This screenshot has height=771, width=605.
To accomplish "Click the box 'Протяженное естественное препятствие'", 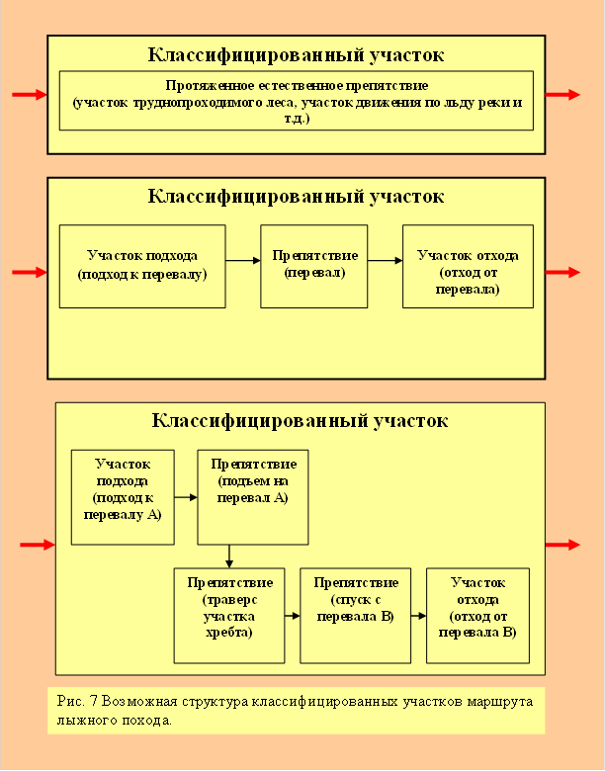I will [296, 100].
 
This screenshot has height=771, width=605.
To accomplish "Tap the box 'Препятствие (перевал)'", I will [313, 266].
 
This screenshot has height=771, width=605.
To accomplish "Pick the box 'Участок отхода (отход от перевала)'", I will [468, 266].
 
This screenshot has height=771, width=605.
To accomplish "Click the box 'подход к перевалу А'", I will [123, 497].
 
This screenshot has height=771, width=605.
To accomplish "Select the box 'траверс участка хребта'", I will [229, 615].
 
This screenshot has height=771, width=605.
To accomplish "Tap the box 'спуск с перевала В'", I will [355, 615].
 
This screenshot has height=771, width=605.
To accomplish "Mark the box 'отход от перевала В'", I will [480, 615].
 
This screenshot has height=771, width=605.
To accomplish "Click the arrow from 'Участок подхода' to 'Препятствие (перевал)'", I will [243, 261].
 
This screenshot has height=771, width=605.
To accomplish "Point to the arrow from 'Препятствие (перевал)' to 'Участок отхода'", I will [385, 261].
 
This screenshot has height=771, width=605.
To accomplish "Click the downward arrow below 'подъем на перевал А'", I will [229, 556].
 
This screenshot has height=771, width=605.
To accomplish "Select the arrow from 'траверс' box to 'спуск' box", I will [293, 615].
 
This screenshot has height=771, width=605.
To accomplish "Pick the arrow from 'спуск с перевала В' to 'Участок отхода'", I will [418, 615].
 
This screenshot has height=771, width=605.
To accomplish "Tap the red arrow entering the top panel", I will [30, 95].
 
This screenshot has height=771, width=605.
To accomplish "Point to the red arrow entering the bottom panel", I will [38, 545].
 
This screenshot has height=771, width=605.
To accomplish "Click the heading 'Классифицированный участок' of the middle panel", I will [296, 196].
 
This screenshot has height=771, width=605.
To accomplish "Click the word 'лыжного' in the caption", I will [81, 721].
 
